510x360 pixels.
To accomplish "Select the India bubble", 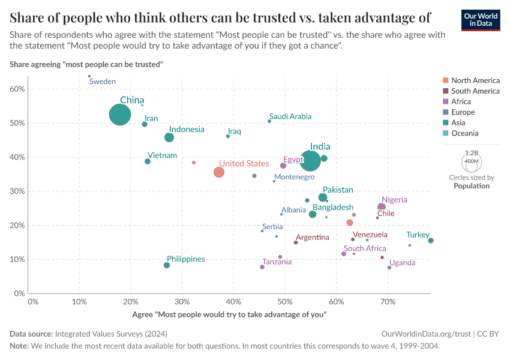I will (x=311, y=160).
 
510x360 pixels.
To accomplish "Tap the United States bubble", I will (x=219, y=172).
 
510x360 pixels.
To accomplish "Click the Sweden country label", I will (x=103, y=82).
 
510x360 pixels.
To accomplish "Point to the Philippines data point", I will (x=167, y=265).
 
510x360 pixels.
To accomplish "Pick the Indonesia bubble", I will (x=169, y=137).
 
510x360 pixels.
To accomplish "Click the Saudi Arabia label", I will (x=290, y=116).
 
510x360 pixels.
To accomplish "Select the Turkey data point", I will (x=431, y=241).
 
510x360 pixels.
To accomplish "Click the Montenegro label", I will (x=295, y=177).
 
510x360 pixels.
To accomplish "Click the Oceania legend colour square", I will (x=445, y=134).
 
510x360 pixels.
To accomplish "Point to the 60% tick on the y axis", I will (x=17, y=89).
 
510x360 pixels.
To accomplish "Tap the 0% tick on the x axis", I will (x=33, y=301).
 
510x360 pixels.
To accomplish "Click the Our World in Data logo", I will (x=481, y=20).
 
